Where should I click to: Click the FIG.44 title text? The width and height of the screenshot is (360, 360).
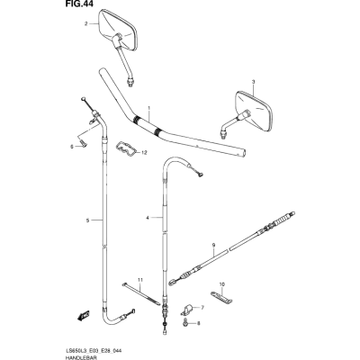pyautogui.click(x=79, y=4)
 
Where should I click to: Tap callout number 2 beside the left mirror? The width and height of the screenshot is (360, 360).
pyautogui.click(x=85, y=24)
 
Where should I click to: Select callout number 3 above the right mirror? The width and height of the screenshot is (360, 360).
pyautogui.click(x=253, y=82)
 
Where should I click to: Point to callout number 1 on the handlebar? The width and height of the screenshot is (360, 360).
pyautogui.click(x=148, y=108)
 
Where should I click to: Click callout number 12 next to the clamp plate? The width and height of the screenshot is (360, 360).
pyautogui.click(x=144, y=153)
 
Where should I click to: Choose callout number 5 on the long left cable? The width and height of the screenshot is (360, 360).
pyautogui.click(x=87, y=220)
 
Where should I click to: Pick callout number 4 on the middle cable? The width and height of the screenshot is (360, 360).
pyautogui.click(x=148, y=218)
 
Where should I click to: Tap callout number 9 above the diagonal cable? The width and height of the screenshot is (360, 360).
pyautogui.click(x=213, y=246)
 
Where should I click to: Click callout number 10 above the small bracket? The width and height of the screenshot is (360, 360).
pyautogui.click(x=222, y=283)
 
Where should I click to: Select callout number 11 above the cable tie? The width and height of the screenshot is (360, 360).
pyautogui.click(x=140, y=280)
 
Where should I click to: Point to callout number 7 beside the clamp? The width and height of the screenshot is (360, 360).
pyautogui.click(x=202, y=308)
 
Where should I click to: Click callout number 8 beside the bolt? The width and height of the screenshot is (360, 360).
pyautogui.click(x=198, y=323)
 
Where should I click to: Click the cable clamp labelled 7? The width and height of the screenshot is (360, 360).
pyautogui.click(x=187, y=310)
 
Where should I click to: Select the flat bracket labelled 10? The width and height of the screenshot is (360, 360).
pyautogui.click(x=221, y=296)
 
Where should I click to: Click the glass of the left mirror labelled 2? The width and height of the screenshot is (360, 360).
pyautogui.click(x=118, y=30)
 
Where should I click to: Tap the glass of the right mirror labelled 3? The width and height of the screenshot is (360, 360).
pyautogui.click(x=255, y=112)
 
